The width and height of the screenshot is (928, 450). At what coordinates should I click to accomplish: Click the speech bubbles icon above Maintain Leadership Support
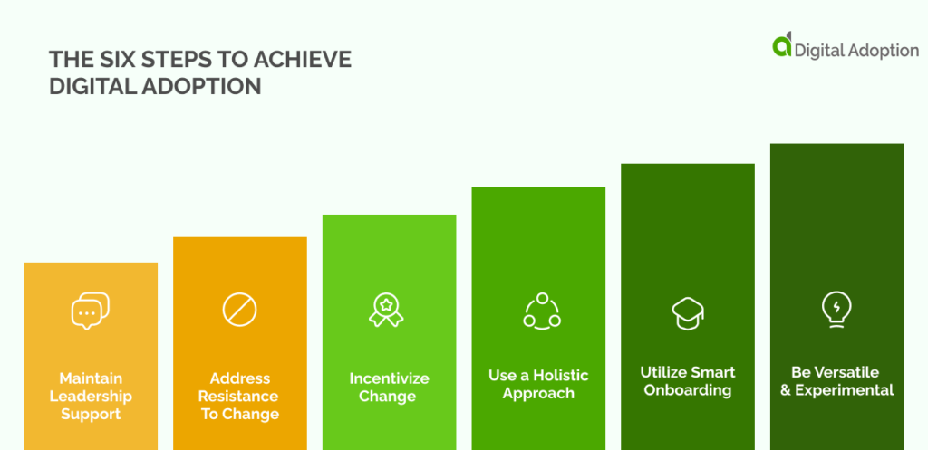(91, 311)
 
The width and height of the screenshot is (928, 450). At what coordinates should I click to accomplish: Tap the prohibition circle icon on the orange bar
(239, 310)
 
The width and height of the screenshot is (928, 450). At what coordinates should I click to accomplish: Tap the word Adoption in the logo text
(883, 51)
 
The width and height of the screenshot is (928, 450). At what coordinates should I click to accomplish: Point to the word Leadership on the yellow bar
(91, 396)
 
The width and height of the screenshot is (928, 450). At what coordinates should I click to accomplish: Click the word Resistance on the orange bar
(239, 396)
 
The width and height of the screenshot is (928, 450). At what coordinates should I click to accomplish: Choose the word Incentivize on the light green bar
(388, 378)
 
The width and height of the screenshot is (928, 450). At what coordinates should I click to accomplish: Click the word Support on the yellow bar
(91, 414)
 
